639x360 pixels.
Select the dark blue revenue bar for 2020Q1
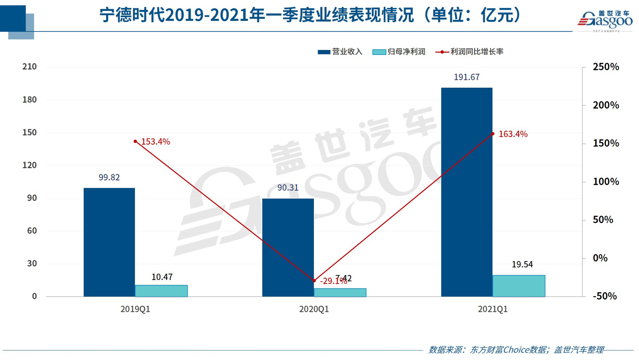[x=288, y=248]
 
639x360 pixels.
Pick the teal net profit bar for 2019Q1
[x=161, y=291]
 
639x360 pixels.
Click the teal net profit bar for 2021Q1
[x=519, y=286]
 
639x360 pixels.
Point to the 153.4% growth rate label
[x=155, y=142]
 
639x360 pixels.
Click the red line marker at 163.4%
[x=493, y=134]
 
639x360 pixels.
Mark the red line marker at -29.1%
[x=314, y=281]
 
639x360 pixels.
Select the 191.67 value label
[x=467, y=77]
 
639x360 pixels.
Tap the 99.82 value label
[x=109, y=178]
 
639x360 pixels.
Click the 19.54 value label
[x=522, y=265]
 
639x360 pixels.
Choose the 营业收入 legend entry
[x=340, y=52]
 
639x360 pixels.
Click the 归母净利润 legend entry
[x=399, y=52]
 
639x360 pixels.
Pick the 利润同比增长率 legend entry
[x=470, y=52]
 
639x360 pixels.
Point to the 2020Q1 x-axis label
[x=314, y=309]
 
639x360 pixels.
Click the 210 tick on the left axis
[x=30, y=67]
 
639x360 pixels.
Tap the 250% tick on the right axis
[x=605, y=67]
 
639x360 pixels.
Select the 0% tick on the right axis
[x=600, y=258]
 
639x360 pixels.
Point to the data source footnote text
[x=516, y=350]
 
